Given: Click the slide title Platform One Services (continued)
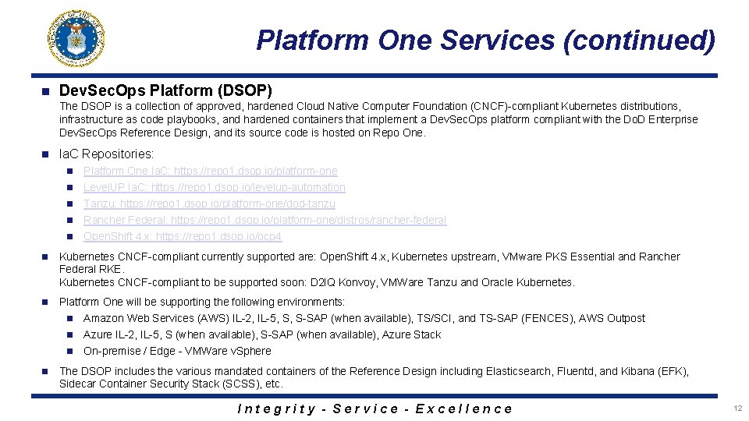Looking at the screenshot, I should click(485, 40).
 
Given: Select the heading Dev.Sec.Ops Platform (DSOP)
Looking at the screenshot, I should click(165, 90).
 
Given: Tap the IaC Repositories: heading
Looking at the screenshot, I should click(106, 154).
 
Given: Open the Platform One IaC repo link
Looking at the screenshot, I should click(211, 171).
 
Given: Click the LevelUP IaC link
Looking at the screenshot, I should click(214, 187).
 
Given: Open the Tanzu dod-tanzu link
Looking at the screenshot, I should click(209, 203).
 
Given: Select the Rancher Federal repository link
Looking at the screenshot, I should click(264, 220).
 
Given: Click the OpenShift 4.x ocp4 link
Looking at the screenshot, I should click(183, 236).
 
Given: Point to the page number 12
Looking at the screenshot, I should click(737, 409).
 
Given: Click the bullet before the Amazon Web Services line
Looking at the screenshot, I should click(69, 318).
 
